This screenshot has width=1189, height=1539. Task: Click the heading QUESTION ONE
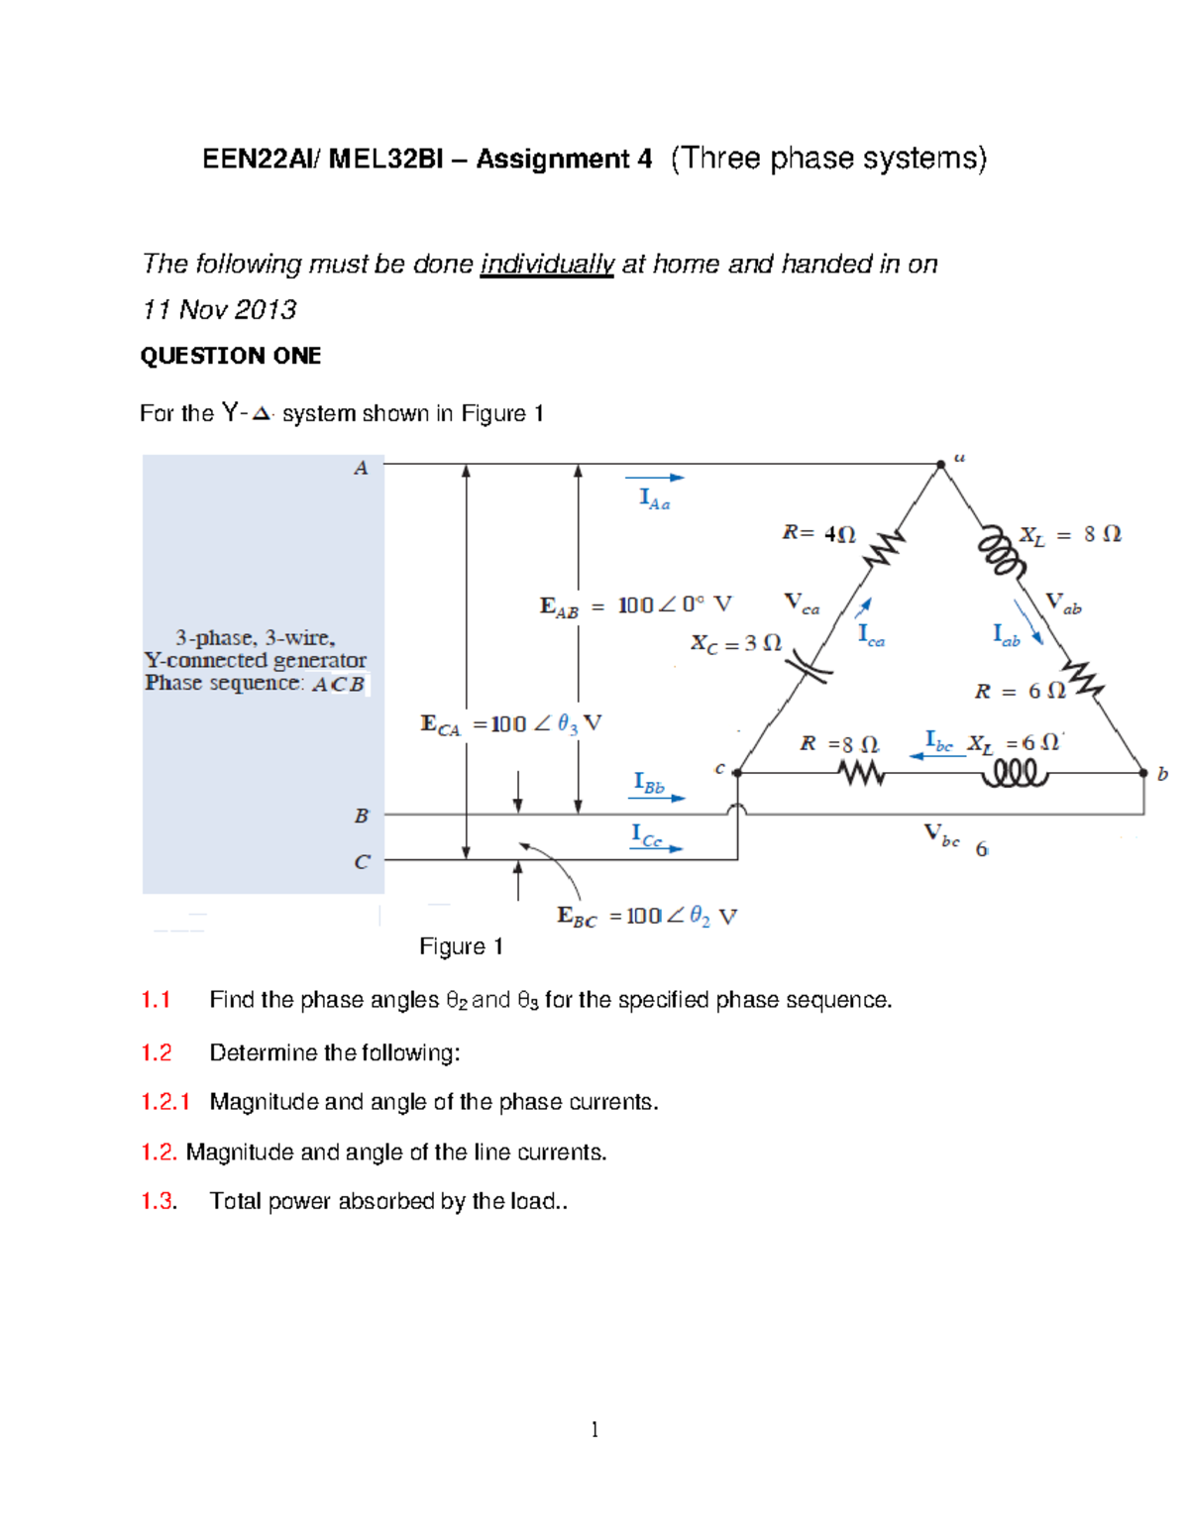point(230,356)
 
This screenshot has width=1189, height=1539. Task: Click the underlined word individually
point(547,265)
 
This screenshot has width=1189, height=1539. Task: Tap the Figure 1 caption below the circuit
point(461,946)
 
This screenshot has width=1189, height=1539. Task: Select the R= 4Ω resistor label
point(818,533)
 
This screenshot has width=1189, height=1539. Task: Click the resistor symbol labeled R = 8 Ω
point(861,772)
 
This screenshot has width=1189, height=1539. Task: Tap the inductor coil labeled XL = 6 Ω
point(1014,772)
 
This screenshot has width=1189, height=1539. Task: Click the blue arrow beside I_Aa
point(662,478)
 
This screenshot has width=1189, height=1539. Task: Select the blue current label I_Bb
point(649,784)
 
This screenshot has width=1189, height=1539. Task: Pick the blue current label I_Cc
point(646,835)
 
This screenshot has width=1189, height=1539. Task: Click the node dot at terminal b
point(1143,772)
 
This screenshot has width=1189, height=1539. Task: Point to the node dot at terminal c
point(737,772)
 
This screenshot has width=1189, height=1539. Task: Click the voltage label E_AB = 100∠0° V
point(635,605)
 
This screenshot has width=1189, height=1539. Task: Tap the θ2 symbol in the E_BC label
point(700,916)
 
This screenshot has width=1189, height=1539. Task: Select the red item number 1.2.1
point(164,1102)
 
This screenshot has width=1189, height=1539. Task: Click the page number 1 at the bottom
point(594,1429)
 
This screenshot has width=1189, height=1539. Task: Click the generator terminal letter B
point(362,816)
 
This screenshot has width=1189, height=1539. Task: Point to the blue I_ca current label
point(871,634)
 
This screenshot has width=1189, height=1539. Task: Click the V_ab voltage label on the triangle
point(1063,603)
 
